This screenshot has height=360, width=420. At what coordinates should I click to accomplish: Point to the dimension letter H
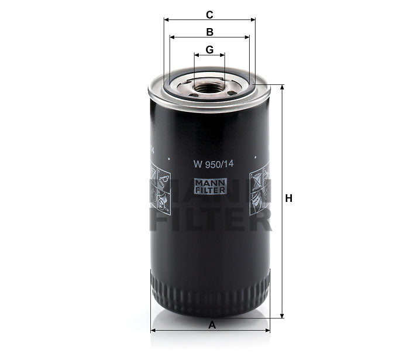tap(288, 198)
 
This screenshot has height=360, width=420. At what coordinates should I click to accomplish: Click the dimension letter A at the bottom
tap(212, 325)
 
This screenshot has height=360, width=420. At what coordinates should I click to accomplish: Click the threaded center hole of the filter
tap(209, 88)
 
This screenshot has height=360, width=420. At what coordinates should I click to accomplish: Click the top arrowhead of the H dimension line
tap(284, 87)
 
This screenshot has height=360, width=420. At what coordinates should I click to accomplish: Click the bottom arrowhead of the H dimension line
tap(284, 314)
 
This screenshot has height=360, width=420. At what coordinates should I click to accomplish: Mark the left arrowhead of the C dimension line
tap(166, 19)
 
